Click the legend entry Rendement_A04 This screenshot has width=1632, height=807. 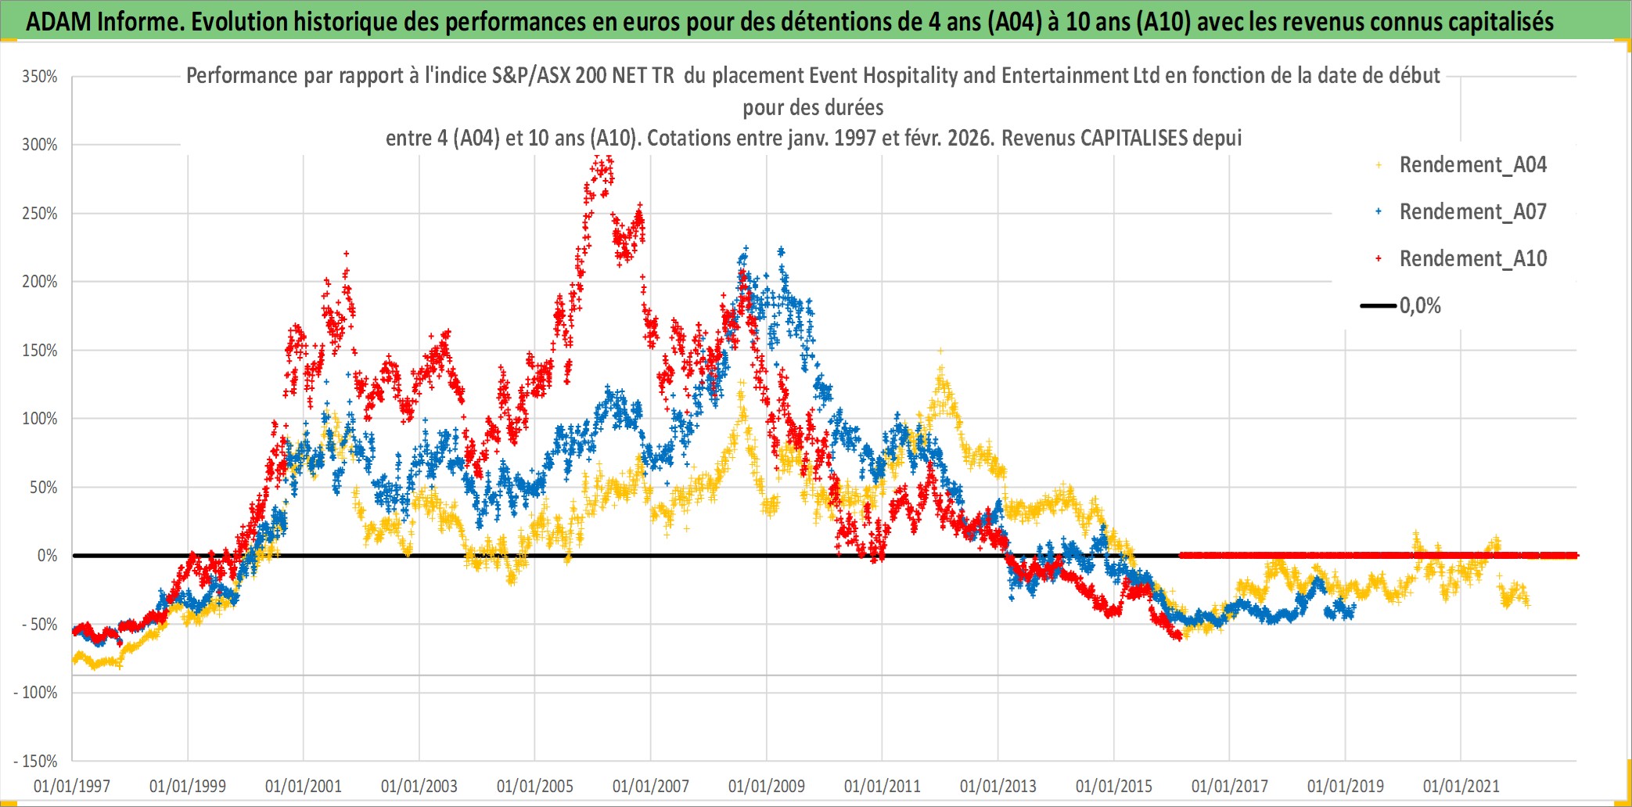1472,165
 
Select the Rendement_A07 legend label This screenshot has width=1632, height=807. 1472,212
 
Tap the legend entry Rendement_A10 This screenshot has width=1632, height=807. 1472,259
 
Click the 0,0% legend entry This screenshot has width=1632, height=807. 1420,306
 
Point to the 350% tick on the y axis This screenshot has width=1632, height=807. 40,77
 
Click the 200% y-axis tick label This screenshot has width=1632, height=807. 40,282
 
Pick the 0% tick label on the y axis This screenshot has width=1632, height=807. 47,556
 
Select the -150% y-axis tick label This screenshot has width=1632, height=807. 36,761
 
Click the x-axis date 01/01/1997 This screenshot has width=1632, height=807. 72,786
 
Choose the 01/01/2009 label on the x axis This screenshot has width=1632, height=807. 767,786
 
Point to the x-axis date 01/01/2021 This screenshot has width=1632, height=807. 1461,786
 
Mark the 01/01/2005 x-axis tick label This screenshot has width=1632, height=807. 535,786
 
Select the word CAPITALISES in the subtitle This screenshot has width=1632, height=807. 1134,139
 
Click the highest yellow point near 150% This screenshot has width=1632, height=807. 940,351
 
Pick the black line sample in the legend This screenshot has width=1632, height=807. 1378,306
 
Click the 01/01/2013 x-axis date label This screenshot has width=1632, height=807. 998,786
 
